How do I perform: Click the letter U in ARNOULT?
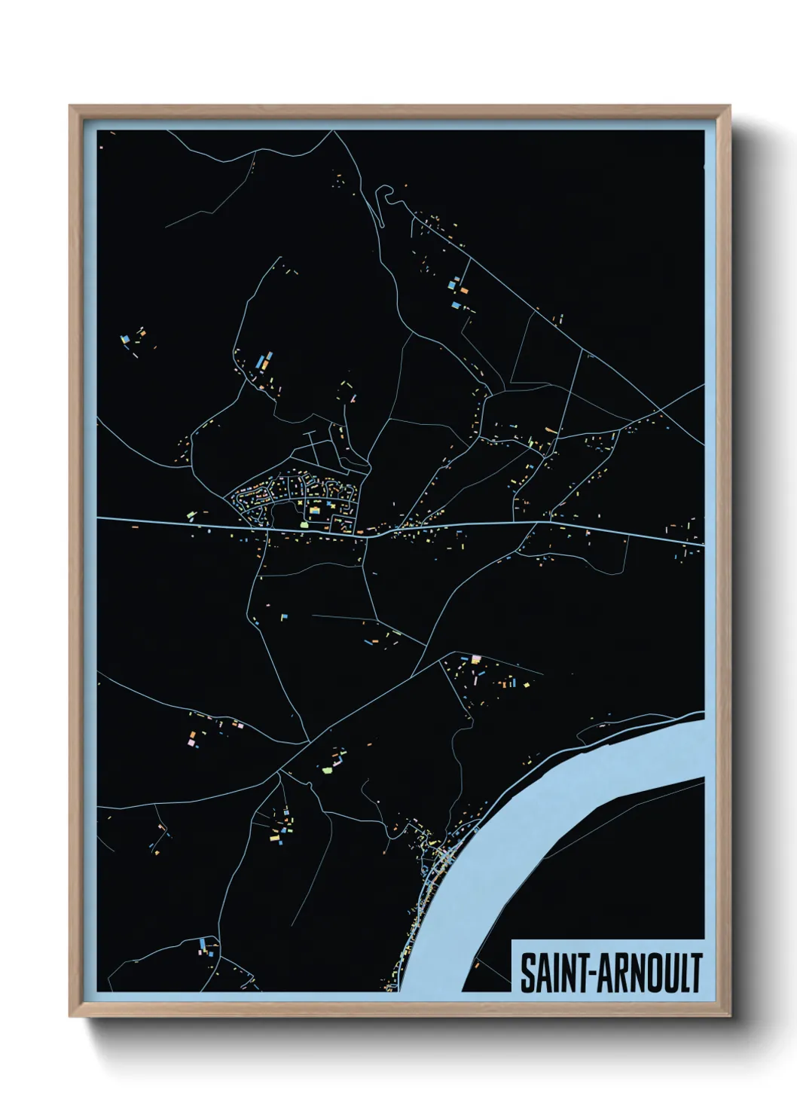pyautogui.click(x=667, y=973)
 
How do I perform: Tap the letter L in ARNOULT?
pyautogui.click(x=682, y=973)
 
